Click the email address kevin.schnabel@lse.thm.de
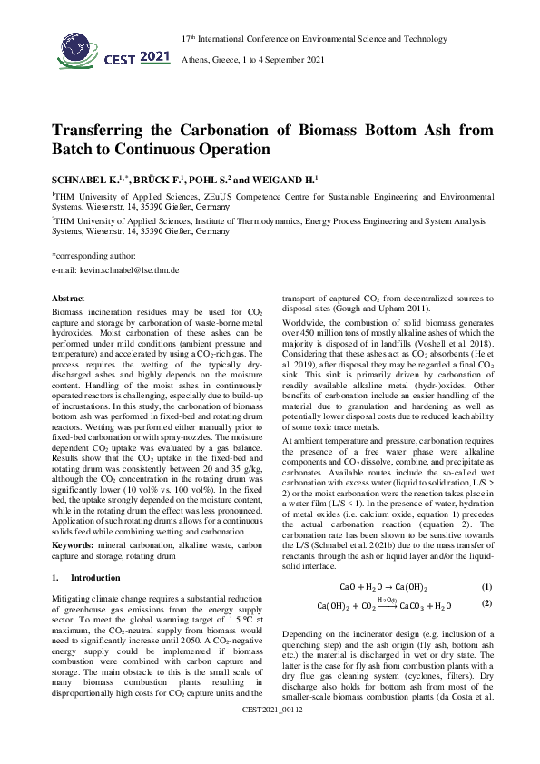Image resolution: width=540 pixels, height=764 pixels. tap(114, 270)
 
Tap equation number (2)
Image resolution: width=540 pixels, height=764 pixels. tap(486, 603)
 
